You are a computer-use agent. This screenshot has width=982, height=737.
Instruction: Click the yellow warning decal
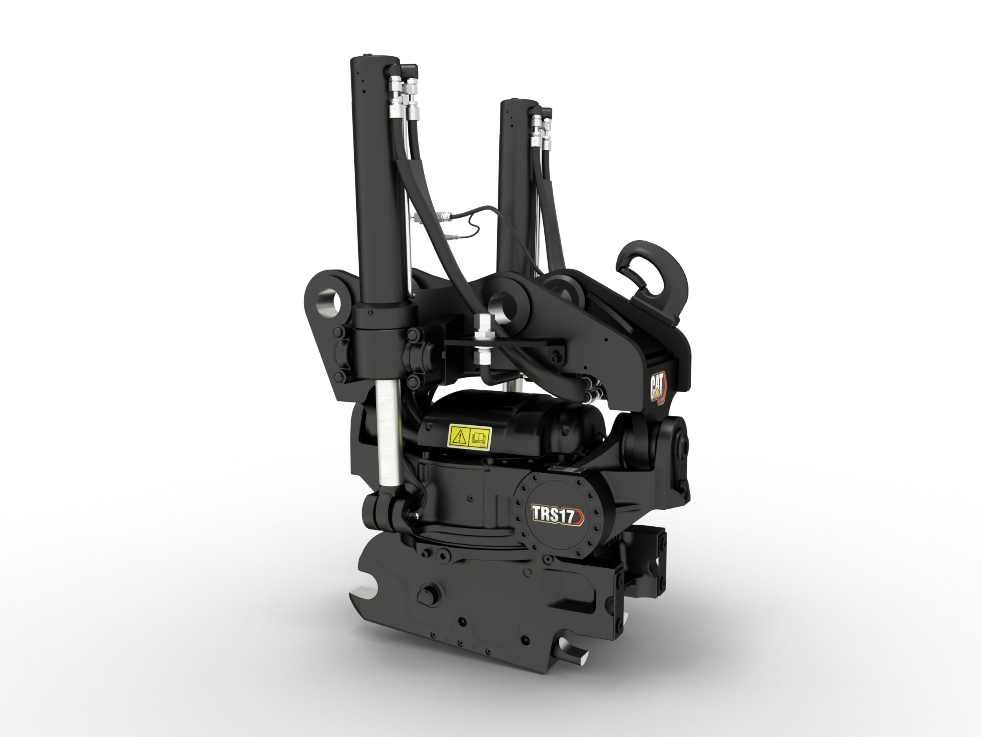pos(470,436)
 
